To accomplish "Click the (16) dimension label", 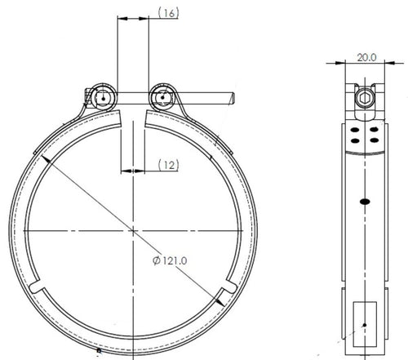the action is pos(168,13).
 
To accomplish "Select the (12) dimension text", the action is pos(168,165).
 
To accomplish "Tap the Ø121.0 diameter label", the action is pos(170,260).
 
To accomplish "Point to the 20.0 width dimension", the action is pos(366,57).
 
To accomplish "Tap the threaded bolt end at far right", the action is pos(232,99).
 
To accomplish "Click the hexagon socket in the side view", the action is pos(365,98).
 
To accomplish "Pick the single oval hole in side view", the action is pos(365,202).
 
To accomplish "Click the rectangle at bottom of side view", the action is pos(365,324).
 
